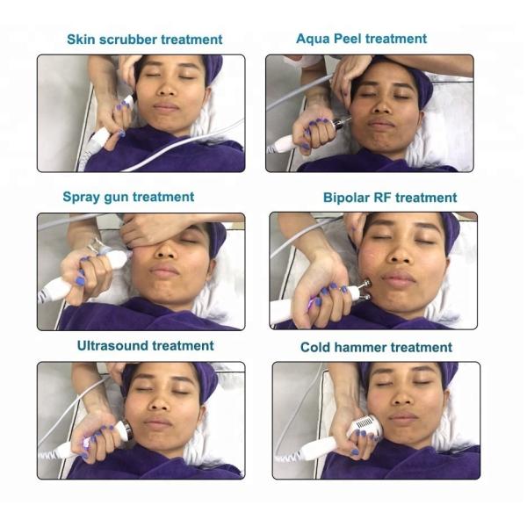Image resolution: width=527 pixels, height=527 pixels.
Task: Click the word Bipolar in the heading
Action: (x=346, y=198)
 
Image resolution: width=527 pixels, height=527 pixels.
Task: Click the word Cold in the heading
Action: (x=315, y=347)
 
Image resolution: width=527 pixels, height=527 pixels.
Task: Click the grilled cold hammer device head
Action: (x=365, y=424)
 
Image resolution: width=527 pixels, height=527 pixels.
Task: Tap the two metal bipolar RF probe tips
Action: (x=365, y=290)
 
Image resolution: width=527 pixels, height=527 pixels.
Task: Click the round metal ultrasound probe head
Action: (x=127, y=430)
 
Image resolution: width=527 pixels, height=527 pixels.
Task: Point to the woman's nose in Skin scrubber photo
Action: (x=167, y=88)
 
